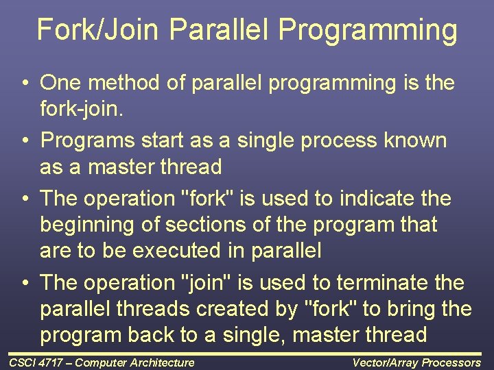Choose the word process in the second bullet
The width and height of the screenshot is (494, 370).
coord(322,141)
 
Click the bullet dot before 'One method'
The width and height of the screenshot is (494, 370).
coord(24,84)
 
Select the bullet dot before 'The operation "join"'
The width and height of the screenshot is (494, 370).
coord(24,283)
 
